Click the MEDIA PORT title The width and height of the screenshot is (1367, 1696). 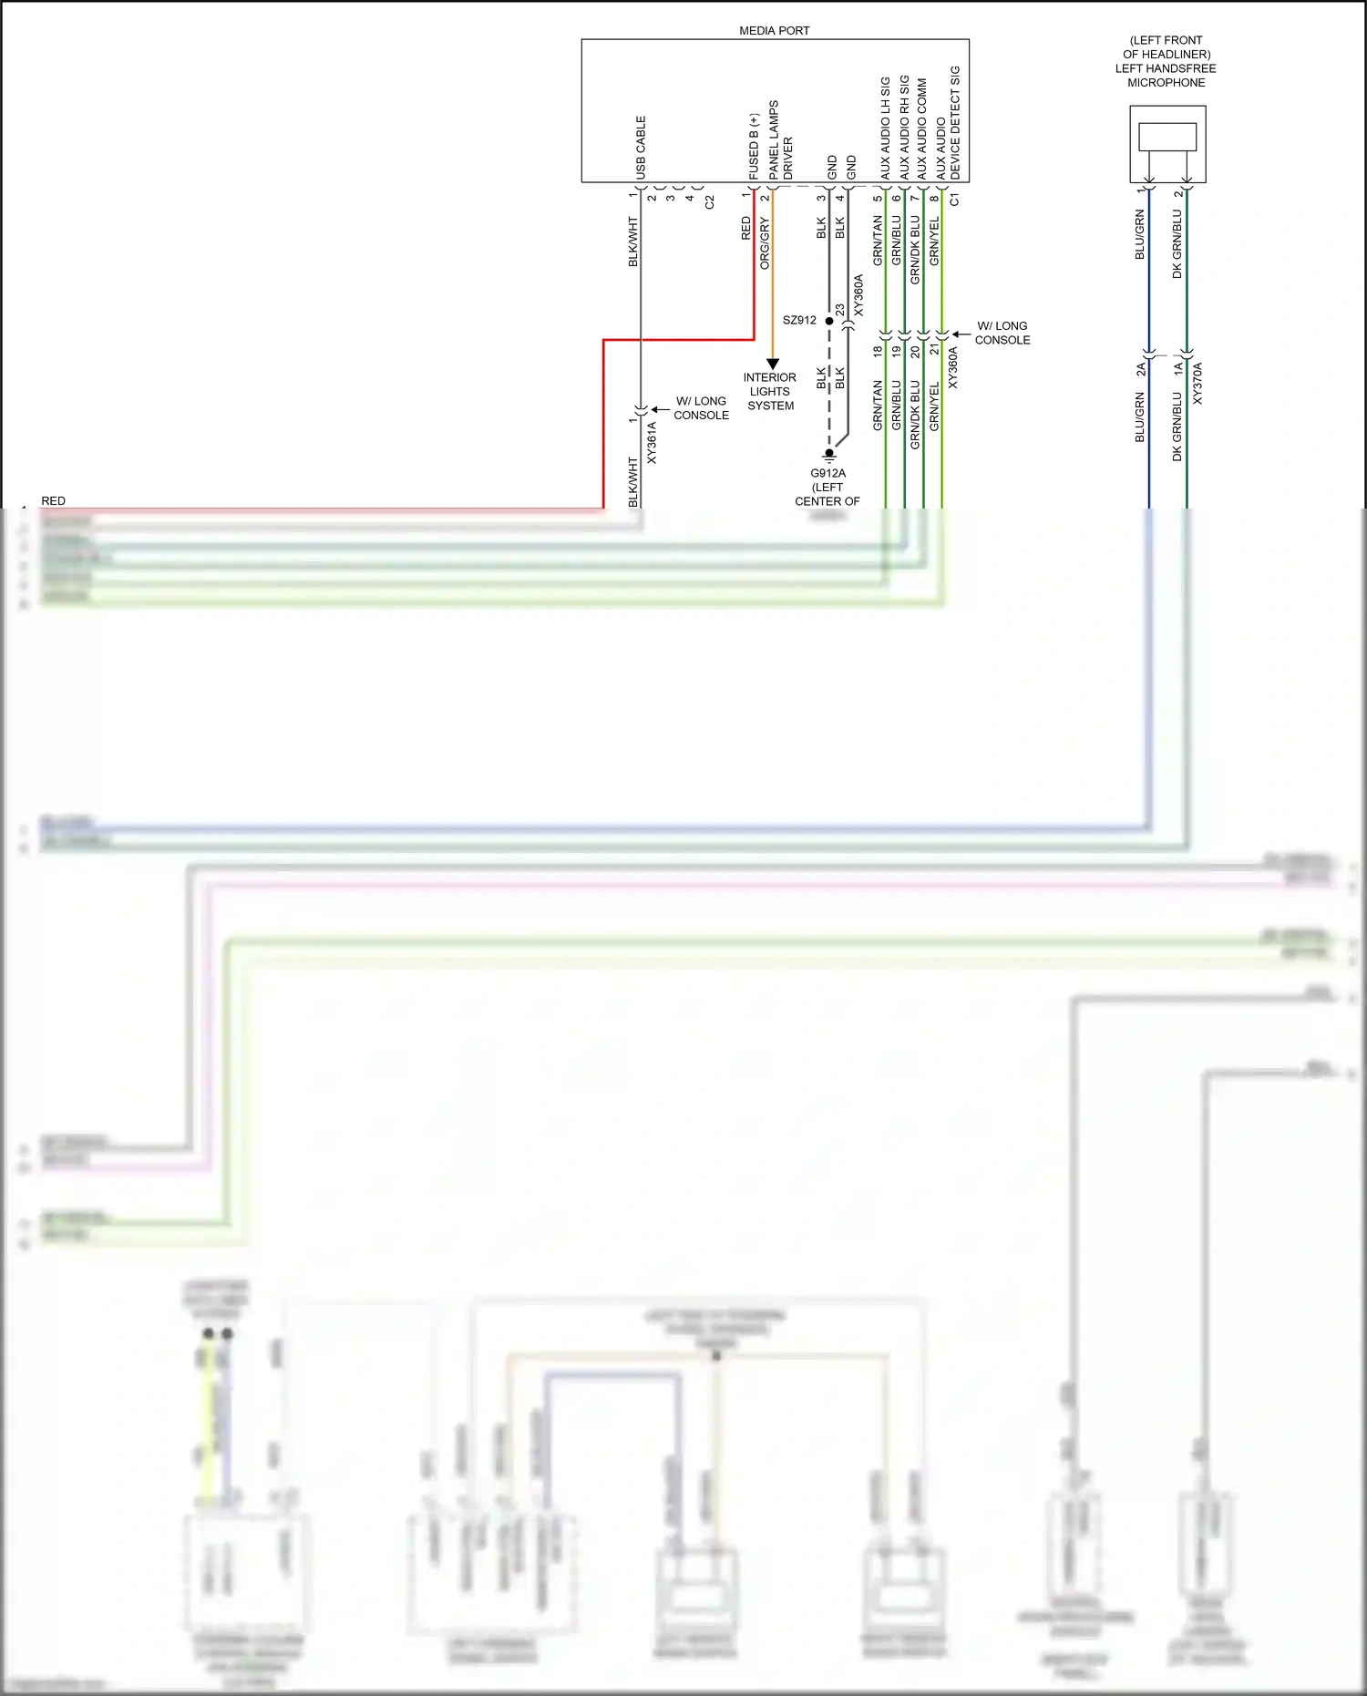(774, 31)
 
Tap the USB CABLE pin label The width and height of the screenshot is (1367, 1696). (641, 147)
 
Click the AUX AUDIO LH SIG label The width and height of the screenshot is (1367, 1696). (885, 128)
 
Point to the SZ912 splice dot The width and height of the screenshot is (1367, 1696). (829, 321)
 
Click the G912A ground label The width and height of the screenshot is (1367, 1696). (827, 473)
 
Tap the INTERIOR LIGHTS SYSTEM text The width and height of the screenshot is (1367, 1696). (770, 392)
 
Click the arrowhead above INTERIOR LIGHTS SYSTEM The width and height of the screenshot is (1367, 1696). (773, 364)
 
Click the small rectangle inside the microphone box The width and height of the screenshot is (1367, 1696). (1167, 137)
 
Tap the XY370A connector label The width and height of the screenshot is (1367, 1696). (1197, 384)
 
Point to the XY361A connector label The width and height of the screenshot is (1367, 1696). (652, 443)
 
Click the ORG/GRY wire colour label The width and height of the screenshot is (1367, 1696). (765, 243)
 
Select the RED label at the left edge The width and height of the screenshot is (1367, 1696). (54, 501)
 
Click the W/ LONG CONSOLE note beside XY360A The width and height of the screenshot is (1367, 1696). (1002, 333)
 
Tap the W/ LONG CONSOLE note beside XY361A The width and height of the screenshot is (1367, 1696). (701, 408)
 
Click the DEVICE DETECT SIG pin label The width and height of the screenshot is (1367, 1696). (955, 122)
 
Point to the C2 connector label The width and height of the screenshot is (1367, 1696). (710, 201)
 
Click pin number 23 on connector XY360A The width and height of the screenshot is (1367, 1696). (839, 310)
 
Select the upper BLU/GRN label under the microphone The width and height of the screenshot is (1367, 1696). (1139, 234)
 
